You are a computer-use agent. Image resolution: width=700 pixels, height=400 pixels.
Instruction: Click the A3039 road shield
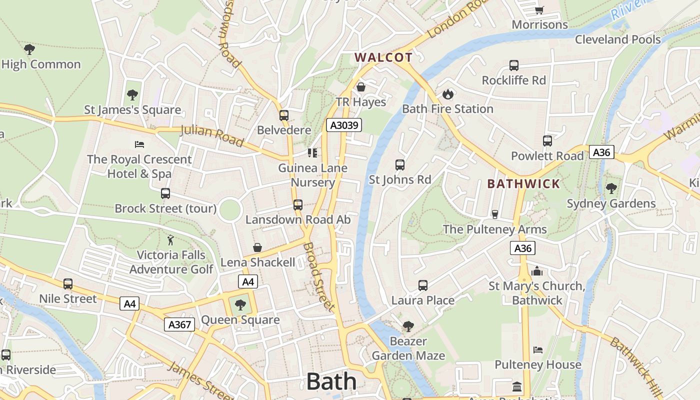344,125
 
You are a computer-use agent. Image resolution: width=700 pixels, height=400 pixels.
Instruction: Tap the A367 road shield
179,324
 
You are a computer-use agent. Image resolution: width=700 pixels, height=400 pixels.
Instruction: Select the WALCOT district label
383,57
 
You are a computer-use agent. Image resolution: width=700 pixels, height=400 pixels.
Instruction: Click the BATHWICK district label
523,183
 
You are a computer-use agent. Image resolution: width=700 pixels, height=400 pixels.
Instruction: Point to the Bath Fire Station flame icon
448,94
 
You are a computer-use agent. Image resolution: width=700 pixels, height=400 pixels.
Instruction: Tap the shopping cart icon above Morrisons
539,10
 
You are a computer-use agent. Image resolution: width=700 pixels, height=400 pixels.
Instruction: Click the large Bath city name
331,381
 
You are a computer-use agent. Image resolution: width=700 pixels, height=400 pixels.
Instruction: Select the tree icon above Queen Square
240,304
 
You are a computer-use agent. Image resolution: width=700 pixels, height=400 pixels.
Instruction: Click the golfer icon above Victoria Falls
171,240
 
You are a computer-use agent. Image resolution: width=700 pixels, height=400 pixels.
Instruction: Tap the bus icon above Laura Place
423,285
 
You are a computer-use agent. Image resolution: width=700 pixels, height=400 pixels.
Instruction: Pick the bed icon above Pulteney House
538,349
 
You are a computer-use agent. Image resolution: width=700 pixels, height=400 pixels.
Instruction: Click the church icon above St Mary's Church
537,271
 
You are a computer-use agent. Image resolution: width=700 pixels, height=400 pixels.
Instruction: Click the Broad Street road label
318,277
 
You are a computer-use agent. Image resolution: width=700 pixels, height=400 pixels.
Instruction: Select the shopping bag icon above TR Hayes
361,87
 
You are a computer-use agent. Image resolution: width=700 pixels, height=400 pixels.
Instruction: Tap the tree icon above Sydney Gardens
611,188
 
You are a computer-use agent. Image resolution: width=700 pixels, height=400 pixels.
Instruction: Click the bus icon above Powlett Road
547,141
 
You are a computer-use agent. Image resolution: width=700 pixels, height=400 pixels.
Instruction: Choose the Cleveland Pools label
617,39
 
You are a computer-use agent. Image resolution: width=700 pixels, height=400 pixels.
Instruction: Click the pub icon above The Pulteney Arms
495,214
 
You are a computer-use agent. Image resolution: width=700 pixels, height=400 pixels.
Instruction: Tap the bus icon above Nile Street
68,284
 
